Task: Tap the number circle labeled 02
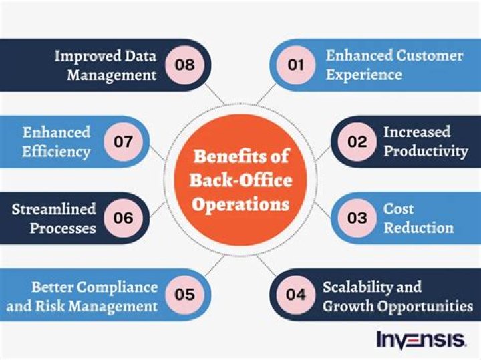pos(357,142)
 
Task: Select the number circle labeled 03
pos(357,218)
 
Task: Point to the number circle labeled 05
pos(185,294)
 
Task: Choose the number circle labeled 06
pos(124,218)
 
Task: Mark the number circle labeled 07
pos(124,142)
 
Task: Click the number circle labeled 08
pos(185,65)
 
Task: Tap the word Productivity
pos(426,151)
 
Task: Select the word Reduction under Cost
pos(418,228)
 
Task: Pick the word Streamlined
pos(54,209)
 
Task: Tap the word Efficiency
pos(56,151)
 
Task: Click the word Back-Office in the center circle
pos(240,180)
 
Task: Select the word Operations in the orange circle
pos(240,202)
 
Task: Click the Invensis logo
pos(421,339)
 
